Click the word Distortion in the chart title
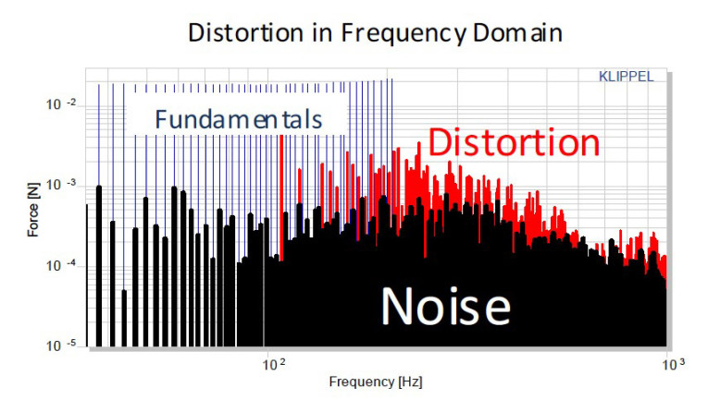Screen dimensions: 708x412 [x=245, y=33]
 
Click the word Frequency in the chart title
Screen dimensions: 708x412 [x=404, y=34]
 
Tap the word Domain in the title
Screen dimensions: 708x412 [x=517, y=33]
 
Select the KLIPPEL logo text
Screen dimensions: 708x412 [x=626, y=77]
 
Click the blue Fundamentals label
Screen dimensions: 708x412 [x=239, y=119]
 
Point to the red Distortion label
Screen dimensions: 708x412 [x=514, y=142]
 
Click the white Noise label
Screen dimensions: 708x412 [x=446, y=306]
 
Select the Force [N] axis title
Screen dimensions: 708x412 [x=33, y=210]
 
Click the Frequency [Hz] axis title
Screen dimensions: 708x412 [x=376, y=382]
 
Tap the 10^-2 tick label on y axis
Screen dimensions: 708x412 [x=61, y=104]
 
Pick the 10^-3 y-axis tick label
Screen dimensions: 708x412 [x=61, y=185]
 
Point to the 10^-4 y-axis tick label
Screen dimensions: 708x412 [x=61, y=265]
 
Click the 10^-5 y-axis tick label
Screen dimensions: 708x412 [x=61, y=345]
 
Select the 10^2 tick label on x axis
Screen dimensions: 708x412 [x=274, y=364]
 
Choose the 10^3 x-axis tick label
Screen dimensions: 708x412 [x=673, y=364]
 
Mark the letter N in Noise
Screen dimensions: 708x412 [x=394, y=306]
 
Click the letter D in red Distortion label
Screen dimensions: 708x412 [x=439, y=142]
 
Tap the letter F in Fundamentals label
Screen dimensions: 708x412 [x=160, y=119]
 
